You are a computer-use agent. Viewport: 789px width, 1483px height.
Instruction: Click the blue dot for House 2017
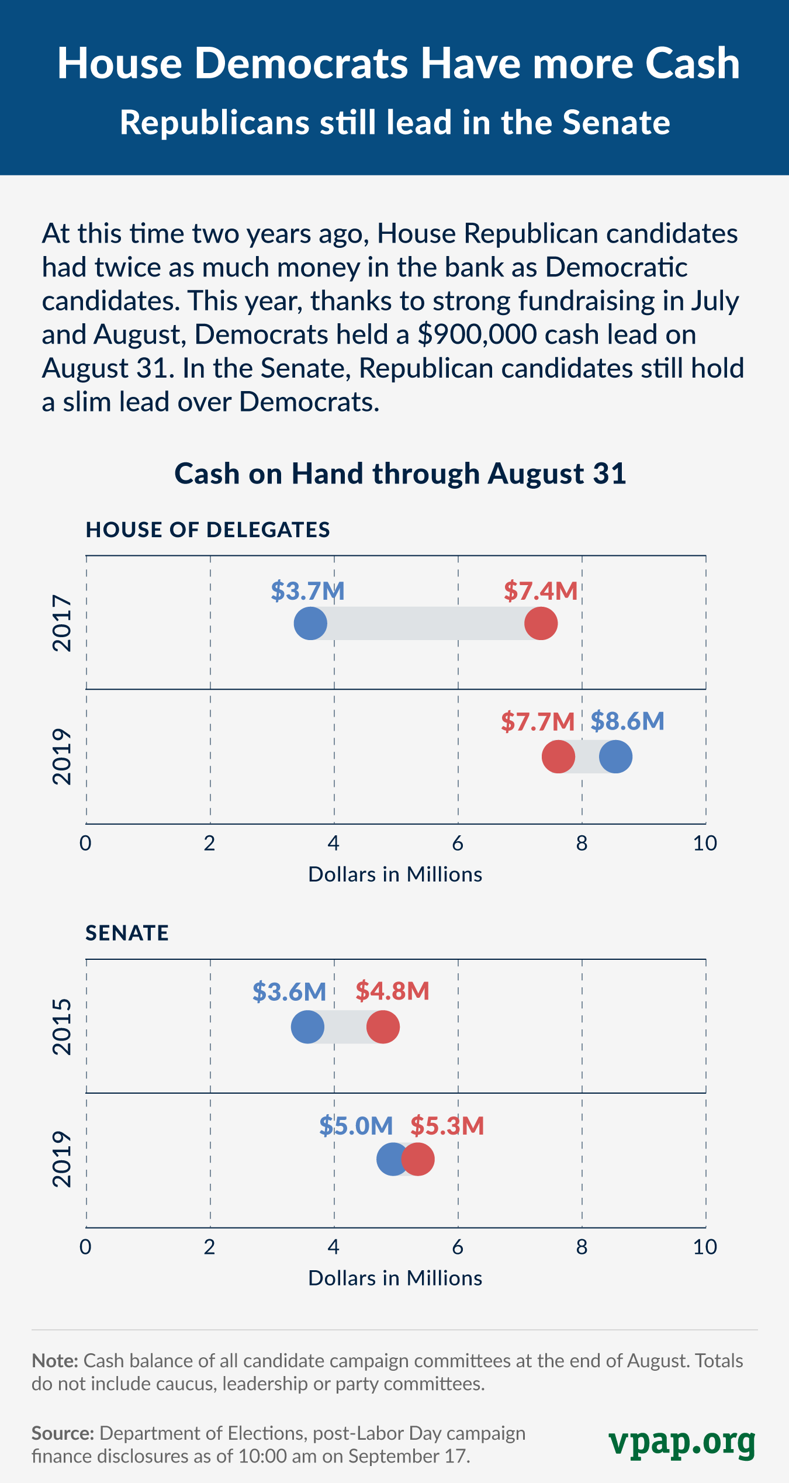310,624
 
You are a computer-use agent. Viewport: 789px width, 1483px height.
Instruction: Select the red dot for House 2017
541,624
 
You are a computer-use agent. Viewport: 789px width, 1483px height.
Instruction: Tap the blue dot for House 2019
615,756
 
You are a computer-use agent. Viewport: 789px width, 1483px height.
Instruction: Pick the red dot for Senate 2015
383,1026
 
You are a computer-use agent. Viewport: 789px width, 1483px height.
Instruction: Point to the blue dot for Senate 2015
307,1026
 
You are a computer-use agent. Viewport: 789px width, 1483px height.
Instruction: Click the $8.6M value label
627,721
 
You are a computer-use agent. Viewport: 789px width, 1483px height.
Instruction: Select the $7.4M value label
541,591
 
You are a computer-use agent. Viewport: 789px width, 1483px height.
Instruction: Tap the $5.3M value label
447,1125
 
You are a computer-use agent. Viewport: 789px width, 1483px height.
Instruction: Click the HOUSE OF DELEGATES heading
208,530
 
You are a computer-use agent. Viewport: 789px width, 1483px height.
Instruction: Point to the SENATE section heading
127,933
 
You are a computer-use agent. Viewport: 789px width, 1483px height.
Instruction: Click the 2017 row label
62,623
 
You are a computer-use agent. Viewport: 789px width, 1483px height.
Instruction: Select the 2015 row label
62,1026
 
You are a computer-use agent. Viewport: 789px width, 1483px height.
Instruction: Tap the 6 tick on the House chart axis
458,843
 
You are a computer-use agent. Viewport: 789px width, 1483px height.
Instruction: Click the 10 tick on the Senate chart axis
705,1247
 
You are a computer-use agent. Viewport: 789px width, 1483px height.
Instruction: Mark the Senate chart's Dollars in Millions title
395,1278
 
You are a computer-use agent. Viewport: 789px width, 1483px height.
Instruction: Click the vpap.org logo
682,1443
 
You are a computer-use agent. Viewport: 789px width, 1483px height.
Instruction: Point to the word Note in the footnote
54,1361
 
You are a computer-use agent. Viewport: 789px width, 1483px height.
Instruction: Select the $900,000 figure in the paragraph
477,334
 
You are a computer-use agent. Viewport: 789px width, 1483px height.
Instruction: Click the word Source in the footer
63,1433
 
